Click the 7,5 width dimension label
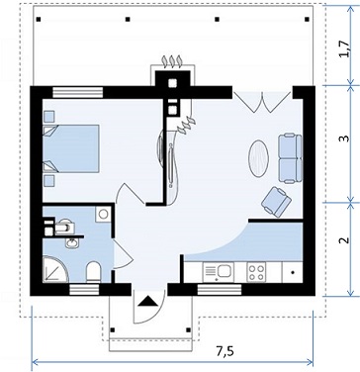(x=225, y=351)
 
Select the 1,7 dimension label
(x=343, y=49)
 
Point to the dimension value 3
(x=344, y=139)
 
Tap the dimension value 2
(x=344, y=240)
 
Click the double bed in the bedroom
(x=71, y=148)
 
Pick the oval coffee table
(x=258, y=158)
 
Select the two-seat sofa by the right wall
(x=290, y=158)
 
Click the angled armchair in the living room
(x=276, y=202)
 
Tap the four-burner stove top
(x=256, y=272)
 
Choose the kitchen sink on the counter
(x=219, y=272)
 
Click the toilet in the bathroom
(x=93, y=272)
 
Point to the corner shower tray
(x=55, y=269)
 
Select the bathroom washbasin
(x=72, y=243)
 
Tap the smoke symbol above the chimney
(x=172, y=61)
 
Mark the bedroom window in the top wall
(x=78, y=92)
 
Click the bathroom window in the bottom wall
(x=84, y=290)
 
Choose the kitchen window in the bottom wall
(x=220, y=290)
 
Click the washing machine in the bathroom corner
(x=103, y=215)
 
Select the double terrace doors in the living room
(x=262, y=102)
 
